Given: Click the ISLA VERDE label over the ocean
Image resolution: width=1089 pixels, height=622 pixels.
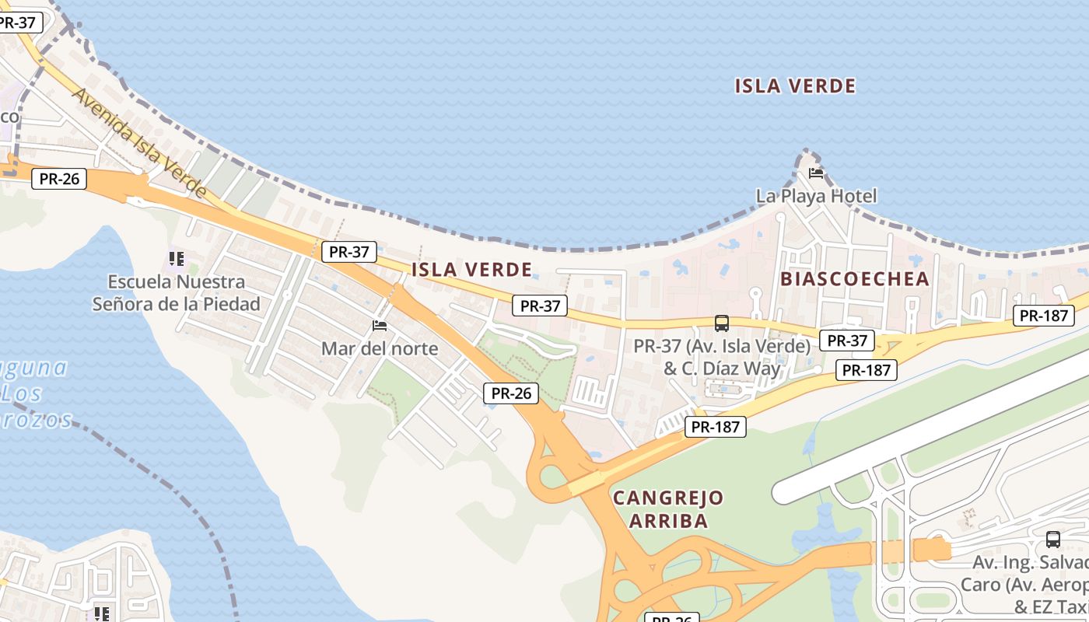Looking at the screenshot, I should [x=795, y=86].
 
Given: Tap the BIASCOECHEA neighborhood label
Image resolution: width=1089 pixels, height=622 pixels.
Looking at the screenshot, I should [x=855, y=279].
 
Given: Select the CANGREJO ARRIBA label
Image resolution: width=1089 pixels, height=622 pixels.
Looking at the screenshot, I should [x=668, y=509].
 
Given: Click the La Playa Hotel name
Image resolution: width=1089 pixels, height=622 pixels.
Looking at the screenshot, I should [x=816, y=196].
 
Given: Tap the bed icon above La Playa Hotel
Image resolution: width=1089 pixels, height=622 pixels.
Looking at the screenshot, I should [x=816, y=173].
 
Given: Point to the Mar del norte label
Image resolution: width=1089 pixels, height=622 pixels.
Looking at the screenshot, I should [x=380, y=348].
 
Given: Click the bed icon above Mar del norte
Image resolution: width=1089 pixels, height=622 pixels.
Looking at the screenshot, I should [x=380, y=325].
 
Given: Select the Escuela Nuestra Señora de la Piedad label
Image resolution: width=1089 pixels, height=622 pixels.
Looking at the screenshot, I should [x=177, y=292].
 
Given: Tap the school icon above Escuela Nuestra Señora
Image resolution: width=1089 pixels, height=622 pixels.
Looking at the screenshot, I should [x=177, y=258].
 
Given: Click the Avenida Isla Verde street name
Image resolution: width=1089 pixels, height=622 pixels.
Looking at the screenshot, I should [x=140, y=142].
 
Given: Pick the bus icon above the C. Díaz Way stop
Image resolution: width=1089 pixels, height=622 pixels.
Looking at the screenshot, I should [x=722, y=323].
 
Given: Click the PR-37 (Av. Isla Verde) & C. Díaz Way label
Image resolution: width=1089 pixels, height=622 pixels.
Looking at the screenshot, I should [x=722, y=357].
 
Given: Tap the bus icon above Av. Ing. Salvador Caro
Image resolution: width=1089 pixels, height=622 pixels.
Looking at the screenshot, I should [x=1053, y=539].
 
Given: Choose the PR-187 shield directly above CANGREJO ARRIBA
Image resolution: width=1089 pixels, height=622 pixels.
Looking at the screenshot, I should [x=715, y=426].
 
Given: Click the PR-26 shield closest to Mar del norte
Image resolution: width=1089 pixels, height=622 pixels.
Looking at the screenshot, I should [x=511, y=393].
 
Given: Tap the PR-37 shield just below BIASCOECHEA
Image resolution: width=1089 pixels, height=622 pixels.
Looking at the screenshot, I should [x=847, y=341].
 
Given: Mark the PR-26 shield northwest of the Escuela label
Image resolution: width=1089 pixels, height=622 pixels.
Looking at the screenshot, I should [x=59, y=179].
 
